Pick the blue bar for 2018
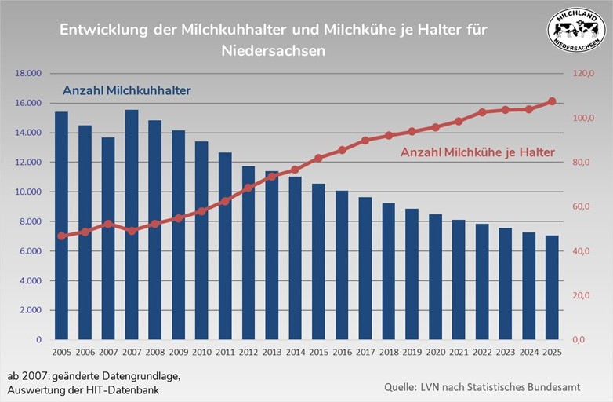pos(389,272)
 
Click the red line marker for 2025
pos(551,101)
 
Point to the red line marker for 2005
pos(61,236)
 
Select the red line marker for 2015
pos(318,158)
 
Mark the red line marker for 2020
pos(435,127)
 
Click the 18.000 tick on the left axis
pos(28,74)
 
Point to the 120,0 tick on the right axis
pos(583,74)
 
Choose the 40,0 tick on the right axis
pos(583,251)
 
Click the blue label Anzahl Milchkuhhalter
pos(127,91)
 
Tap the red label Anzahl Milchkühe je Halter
pos(477,152)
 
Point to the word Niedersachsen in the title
pos(274,49)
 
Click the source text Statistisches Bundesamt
pos(540,388)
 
